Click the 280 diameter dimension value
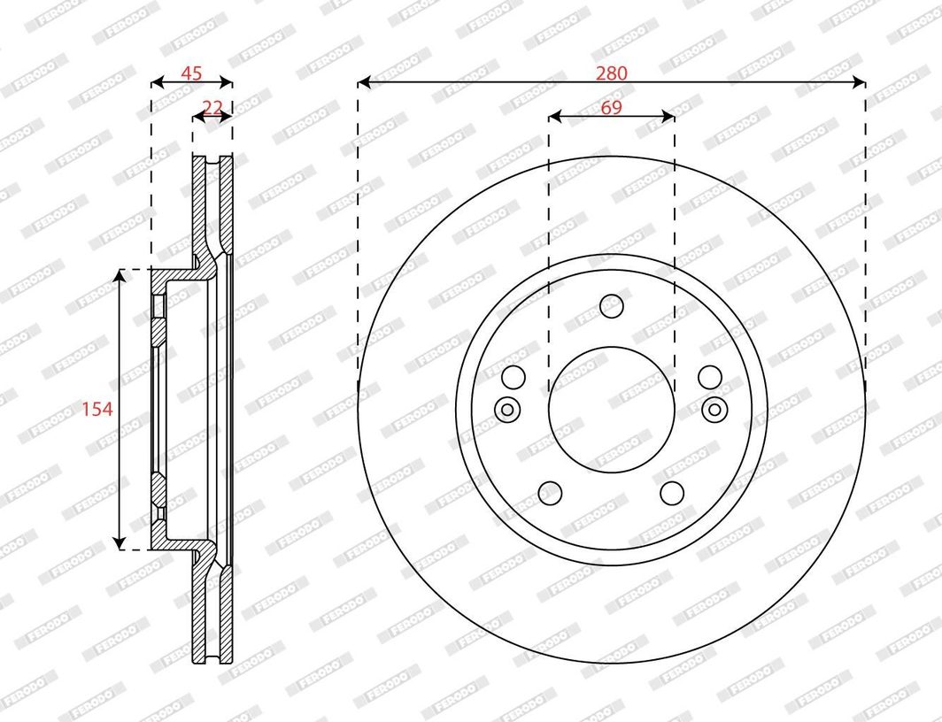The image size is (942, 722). pos(611,73)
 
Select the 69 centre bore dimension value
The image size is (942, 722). pos(611,107)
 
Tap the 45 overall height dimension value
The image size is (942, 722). pos(191,73)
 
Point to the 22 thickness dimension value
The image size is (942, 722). pos(212,107)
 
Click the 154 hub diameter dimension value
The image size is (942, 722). pos(97,409)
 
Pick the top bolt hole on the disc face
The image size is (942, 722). pos(612,306)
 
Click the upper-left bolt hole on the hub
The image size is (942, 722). pos(513,378)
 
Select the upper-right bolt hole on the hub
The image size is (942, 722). pos(710,378)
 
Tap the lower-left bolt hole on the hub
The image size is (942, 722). pos(551,494)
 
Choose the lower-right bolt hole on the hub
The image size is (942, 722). pos(672,494)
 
